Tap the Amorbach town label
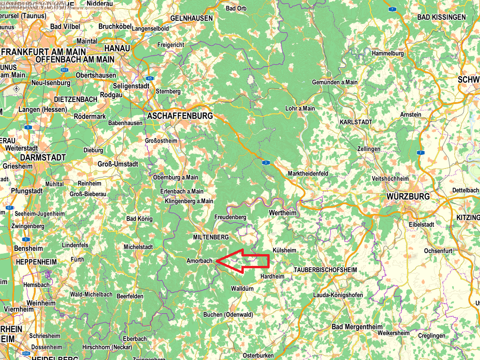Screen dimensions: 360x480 coord(200,261)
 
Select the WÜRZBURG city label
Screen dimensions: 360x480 coord(408,196)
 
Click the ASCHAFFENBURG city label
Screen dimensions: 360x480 coord(180,115)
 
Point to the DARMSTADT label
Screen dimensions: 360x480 coord(42,158)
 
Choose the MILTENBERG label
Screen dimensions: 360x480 coord(211,237)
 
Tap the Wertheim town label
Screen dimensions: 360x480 coord(283,213)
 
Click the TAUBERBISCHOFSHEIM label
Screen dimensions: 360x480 coord(325,270)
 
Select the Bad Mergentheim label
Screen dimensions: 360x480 coord(358,327)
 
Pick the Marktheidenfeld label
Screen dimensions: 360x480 coord(308,174)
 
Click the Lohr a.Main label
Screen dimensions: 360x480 coord(300,108)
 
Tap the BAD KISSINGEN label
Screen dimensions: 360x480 coord(441,17)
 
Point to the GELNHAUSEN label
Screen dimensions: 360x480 coord(192,18)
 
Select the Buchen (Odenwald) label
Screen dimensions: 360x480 coord(228,314)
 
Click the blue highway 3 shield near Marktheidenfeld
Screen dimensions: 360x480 coord(266,162)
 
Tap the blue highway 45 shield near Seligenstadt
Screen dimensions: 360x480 coord(150,78)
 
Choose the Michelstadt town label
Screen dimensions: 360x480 coord(138,247)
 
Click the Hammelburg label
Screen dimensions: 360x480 coord(388,53)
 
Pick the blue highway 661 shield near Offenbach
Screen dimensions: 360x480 coord(64,70)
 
